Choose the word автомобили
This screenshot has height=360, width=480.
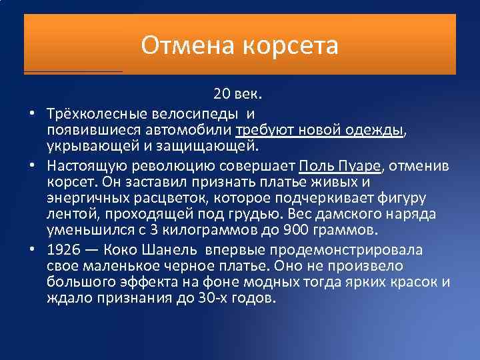click(194, 129)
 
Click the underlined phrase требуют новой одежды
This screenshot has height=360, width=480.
click(320, 129)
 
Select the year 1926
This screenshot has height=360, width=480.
click(63, 250)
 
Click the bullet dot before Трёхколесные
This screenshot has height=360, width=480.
click(31, 113)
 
